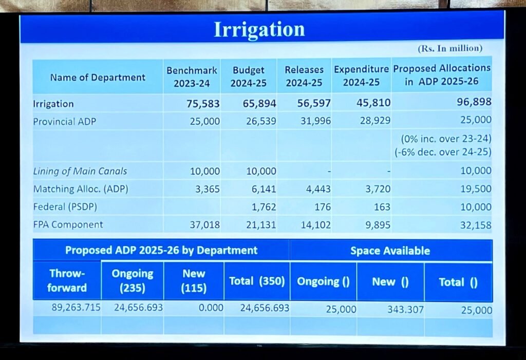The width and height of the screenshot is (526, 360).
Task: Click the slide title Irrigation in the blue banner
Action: coord(259,29)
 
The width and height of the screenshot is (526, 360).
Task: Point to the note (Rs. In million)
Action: coord(449,48)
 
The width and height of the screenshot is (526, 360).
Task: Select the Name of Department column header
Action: coord(98,78)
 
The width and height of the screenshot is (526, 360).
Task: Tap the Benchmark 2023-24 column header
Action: coord(192,77)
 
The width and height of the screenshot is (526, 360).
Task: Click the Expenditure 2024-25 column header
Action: coord(362,75)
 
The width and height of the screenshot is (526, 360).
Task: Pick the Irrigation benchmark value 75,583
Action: coord(203,104)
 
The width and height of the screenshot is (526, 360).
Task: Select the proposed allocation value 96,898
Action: coord(474,102)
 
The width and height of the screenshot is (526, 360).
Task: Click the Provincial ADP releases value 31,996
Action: coord(314,121)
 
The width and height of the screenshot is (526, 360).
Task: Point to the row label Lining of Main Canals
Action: coord(80,172)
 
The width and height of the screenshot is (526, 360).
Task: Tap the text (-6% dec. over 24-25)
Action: coord(443,152)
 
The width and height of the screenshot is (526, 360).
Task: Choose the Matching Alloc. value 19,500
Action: coord(476,189)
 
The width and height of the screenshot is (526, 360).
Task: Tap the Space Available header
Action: coord(390,251)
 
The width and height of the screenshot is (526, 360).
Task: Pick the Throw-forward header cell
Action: coord(67,280)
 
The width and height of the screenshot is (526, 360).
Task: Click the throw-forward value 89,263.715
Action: coord(76,308)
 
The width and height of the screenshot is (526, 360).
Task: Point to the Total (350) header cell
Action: coord(257,281)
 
